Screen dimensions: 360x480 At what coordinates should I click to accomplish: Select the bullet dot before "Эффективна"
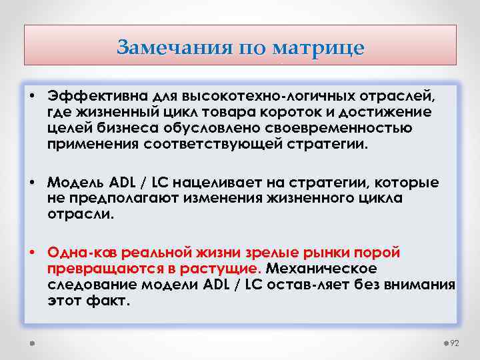tap(32, 97)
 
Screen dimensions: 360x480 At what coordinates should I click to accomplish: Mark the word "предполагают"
tap(111, 198)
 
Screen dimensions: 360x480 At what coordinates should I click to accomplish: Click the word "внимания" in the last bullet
tap(425, 285)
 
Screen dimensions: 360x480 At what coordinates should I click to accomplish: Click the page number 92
tap(455, 343)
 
